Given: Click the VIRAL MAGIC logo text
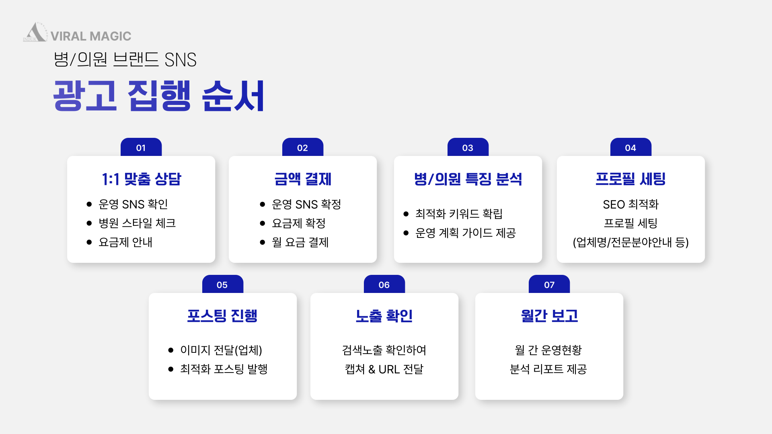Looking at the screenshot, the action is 91,36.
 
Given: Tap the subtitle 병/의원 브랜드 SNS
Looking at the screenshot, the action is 125,59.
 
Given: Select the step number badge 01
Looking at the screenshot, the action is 141,147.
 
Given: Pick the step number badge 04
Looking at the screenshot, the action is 631,147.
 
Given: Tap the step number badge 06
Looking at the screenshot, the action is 384,285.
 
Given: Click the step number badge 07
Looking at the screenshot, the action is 549,285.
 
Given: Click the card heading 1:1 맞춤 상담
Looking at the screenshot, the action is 142,179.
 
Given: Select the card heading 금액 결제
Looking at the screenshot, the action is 303,179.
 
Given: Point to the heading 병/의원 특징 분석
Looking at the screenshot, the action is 468,179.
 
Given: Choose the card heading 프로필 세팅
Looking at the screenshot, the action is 631,179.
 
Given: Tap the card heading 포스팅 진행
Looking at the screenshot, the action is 222,316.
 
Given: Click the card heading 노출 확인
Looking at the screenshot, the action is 384,316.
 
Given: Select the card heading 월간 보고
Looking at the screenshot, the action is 549,316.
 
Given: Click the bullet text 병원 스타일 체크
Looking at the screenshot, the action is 137,223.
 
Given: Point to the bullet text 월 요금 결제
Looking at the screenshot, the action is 300,242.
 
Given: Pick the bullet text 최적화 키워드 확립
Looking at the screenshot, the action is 459,214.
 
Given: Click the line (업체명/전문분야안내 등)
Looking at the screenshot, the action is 631,242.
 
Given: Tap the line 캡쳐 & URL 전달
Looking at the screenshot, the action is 384,369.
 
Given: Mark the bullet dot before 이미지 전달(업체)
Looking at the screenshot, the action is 171,350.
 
